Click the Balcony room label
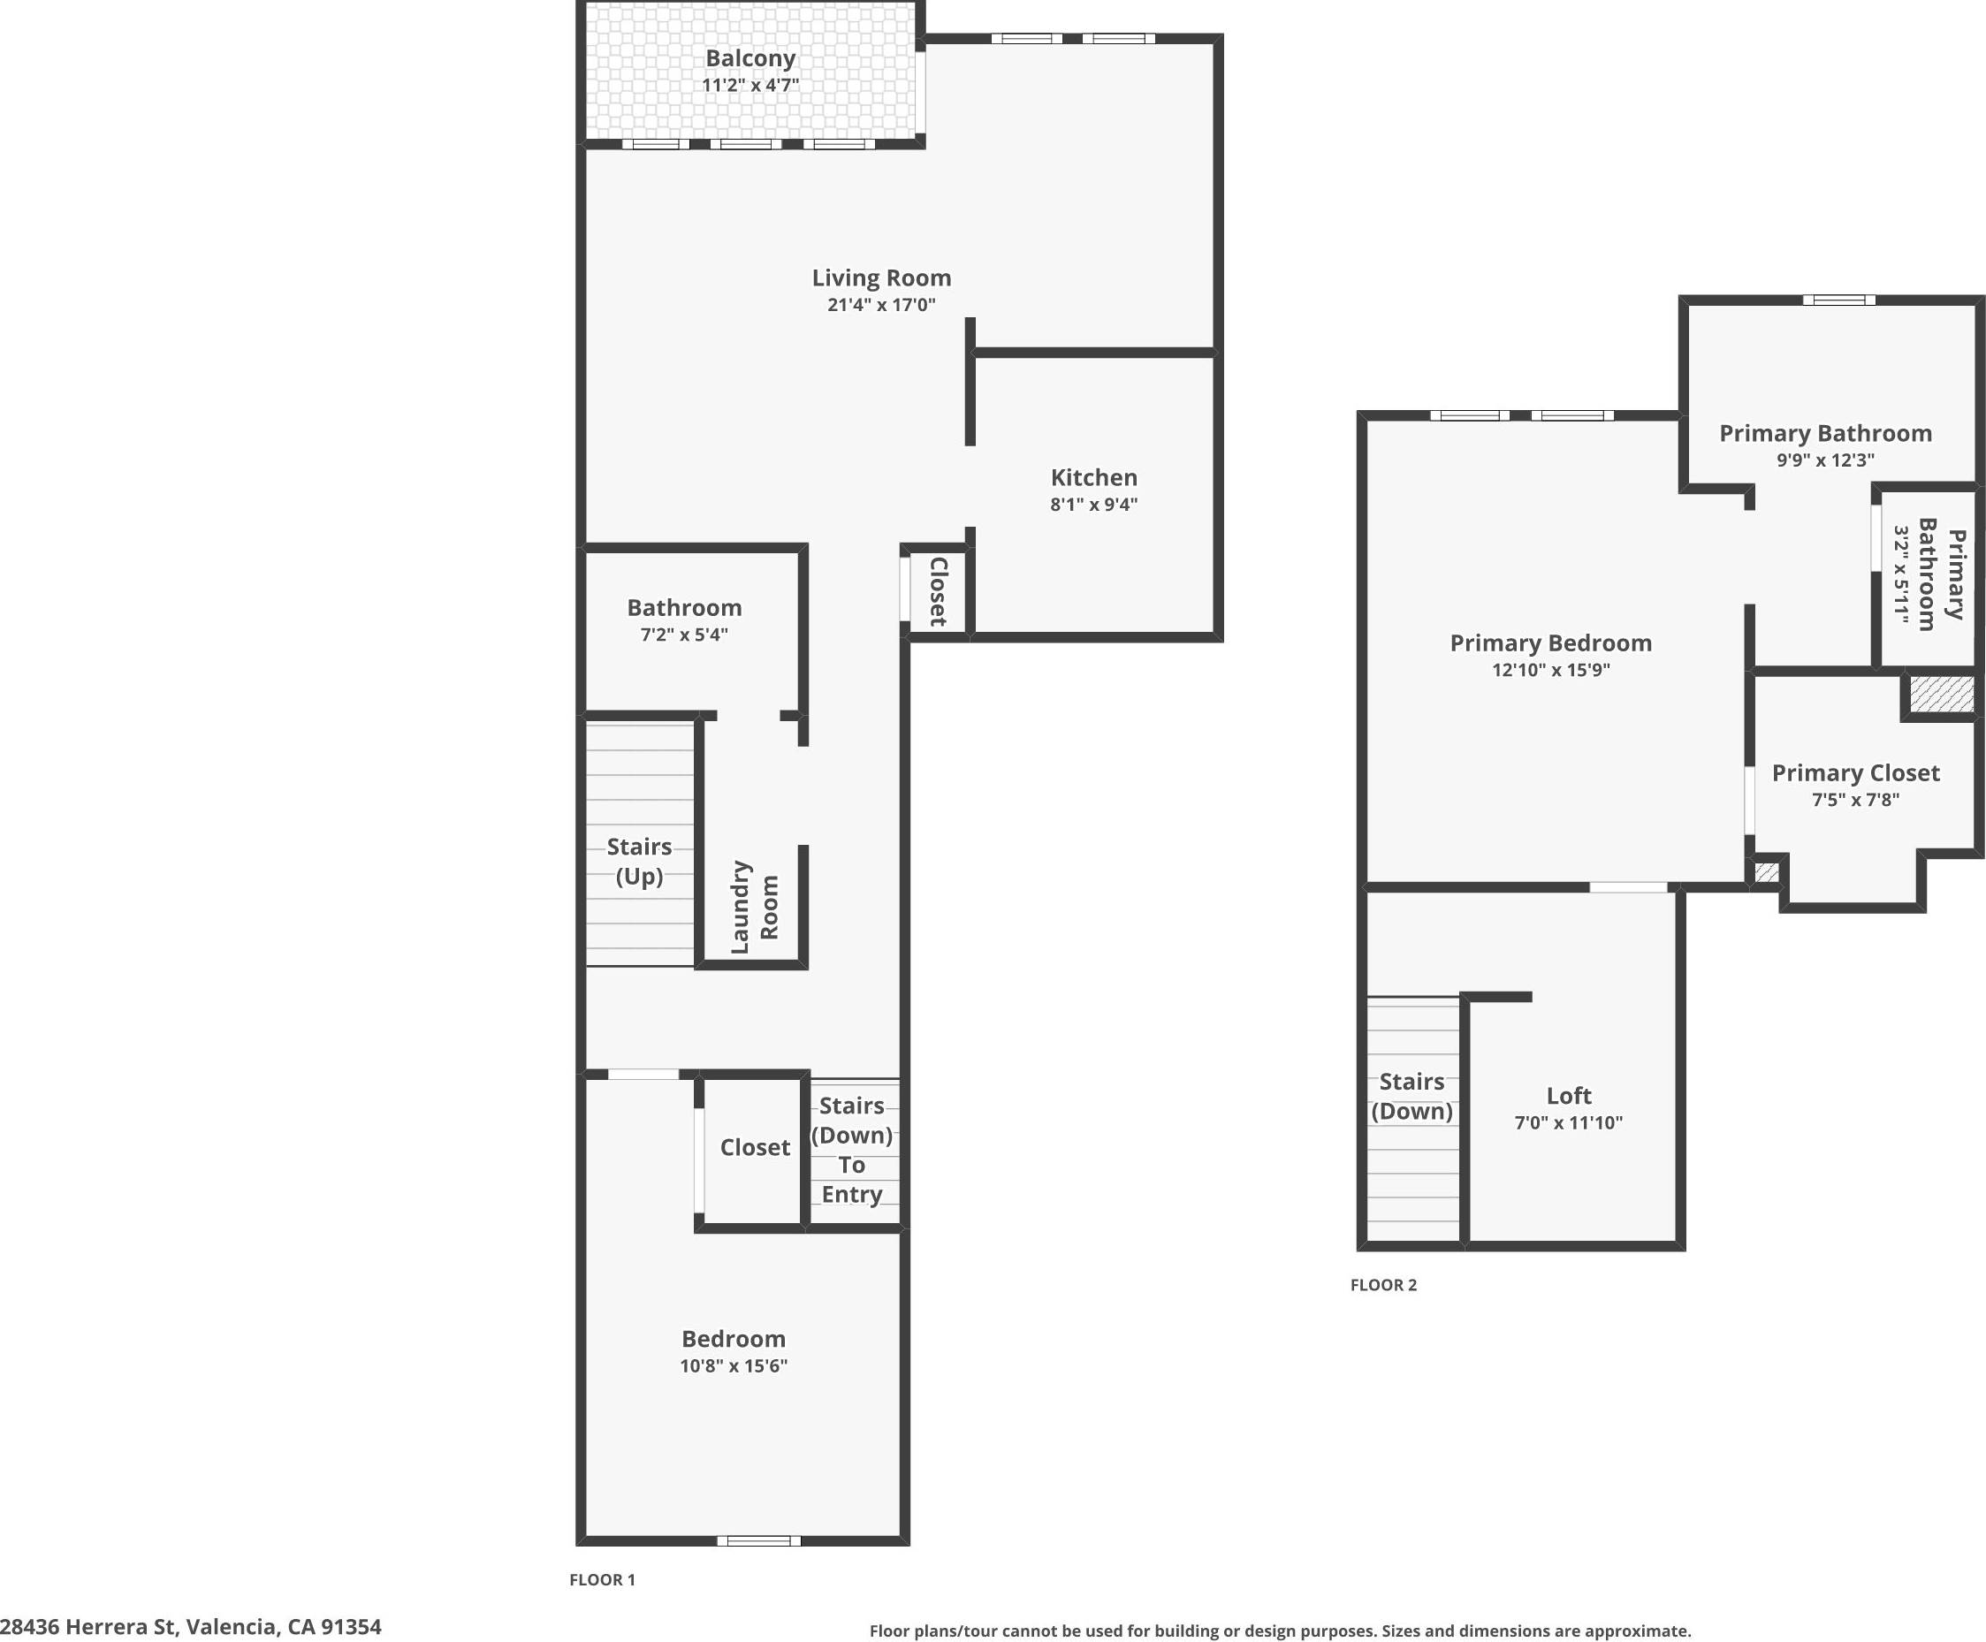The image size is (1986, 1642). click(750, 58)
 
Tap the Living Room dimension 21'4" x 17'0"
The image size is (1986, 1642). click(880, 305)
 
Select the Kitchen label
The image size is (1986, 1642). click(1093, 477)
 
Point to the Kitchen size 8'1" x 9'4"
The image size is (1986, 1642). click(1093, 504)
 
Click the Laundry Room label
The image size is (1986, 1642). click(755, 906)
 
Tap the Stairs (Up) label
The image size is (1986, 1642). click(639, 861)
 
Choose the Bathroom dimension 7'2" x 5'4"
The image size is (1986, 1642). click(684, 635)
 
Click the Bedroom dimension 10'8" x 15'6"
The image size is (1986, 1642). click(733, 1365)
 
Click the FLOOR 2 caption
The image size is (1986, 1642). click(1382, 1284)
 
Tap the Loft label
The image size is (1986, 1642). click(1568, 1095)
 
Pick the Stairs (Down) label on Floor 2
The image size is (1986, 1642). click(1411, 1095)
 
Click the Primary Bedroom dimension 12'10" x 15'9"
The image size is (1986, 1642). click(1550, 670)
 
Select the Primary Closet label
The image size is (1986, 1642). click(1854, 772)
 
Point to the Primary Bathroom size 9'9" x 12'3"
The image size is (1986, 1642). click(1824, 460)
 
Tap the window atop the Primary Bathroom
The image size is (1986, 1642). click(1838, 300)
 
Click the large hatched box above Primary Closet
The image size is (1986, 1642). click(1941, 695)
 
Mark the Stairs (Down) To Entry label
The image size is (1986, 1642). click(851, 1149)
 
